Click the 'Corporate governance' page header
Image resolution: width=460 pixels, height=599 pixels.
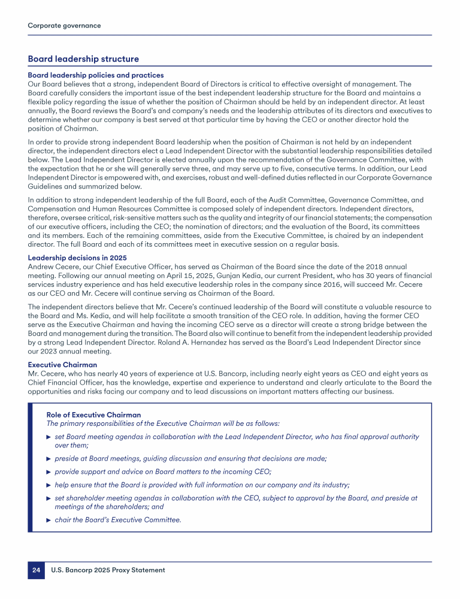click(x=64, y=26)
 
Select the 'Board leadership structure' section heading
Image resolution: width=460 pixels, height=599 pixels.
click(x=83, y=59)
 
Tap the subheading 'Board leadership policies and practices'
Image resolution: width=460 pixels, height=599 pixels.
click(x=96, y=75)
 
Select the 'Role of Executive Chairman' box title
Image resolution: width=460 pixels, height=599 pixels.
click(x=93, y=415)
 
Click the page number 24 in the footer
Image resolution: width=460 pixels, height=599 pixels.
click(x=35, y=570)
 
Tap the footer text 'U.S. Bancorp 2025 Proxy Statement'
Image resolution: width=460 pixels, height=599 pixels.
click(x=108, y=570)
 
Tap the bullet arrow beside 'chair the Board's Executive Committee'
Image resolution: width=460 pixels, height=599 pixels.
click(x=49, y=520)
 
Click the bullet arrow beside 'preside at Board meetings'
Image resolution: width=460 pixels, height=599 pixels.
click(x=49, y=459)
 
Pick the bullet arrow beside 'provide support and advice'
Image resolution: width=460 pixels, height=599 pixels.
click(x=49, y=472)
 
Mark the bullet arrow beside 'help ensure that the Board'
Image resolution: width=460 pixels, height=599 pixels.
click(x=49, y=485)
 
